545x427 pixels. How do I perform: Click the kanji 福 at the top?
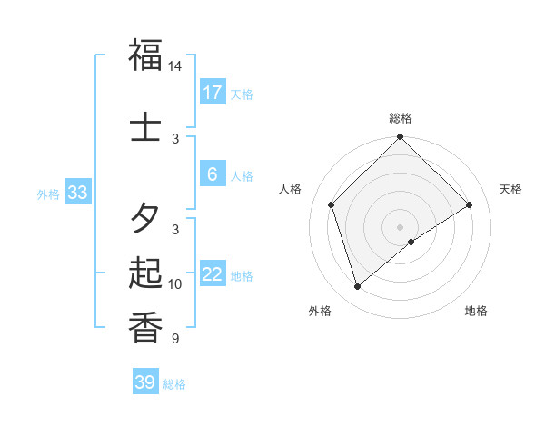point(145,55)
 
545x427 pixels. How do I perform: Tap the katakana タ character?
point(145,218)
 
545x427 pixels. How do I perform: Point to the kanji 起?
point(145,272)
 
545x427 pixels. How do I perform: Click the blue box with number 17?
point(212,92)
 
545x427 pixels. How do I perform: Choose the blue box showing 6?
point(212,175)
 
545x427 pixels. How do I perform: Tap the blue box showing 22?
point(212,274)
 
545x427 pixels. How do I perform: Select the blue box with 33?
point(77,192)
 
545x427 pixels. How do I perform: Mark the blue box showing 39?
point(144,382)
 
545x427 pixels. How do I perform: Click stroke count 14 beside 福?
point(175,66)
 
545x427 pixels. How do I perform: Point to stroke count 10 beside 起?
point(175,284)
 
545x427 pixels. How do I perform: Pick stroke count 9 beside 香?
point(175,338)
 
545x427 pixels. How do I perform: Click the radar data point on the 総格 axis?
point(400,138)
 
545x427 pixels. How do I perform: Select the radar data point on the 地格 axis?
point(411,242)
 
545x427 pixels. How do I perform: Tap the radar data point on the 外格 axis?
point(357,287)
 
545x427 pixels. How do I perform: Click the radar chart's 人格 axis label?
point(291,189)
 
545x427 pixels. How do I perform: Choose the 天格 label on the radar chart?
point(510,189)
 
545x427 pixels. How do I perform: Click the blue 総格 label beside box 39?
point(174,384)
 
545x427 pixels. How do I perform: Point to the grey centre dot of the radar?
point(400,226)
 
